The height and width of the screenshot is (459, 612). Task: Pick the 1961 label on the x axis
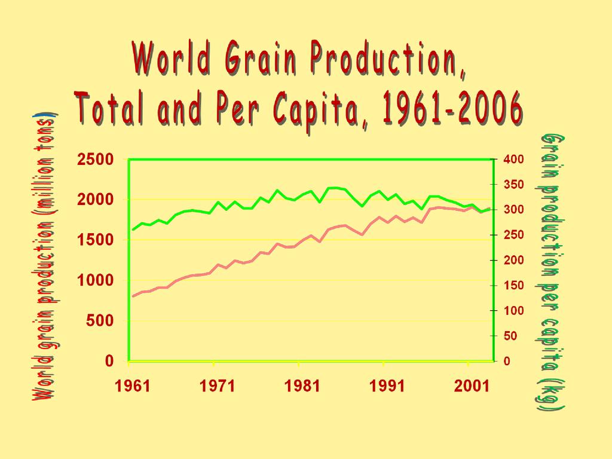133,386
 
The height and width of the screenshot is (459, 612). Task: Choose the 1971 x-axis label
218,386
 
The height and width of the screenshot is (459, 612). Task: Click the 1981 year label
302,386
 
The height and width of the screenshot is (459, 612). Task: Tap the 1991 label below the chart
387,386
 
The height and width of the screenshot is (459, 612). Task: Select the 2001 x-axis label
472,386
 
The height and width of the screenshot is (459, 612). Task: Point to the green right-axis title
552,272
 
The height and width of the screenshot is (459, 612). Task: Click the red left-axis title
45,257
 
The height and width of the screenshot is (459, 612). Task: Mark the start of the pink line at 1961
133,296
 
